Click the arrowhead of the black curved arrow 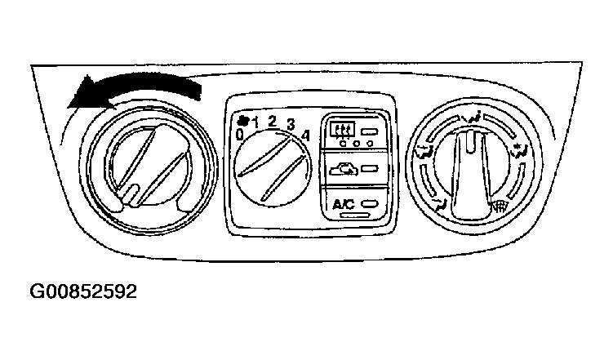tap(84, 94)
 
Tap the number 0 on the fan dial tap(240, 135)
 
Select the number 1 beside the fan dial tap(255, 123)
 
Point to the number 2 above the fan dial tap(273, 121)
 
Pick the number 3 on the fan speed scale tap(291, 124)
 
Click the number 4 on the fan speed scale tap(305, 136)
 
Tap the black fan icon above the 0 tap(243, 120)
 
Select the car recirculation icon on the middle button tap(344, 169)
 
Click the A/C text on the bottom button tap(344, 203)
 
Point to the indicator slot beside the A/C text tap(370, 203)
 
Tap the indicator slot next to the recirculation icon tap(370, 169)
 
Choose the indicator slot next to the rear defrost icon tap(370, 131)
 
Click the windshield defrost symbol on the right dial tap(499, 205)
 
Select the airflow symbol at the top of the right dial tap(472, 117)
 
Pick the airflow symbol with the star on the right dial tap(521, 149)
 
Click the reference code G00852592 tap(83, 291)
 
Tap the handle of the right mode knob tap(473, 176)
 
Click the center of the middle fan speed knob tap(273, 168)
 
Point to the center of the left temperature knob tap(150, 167)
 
